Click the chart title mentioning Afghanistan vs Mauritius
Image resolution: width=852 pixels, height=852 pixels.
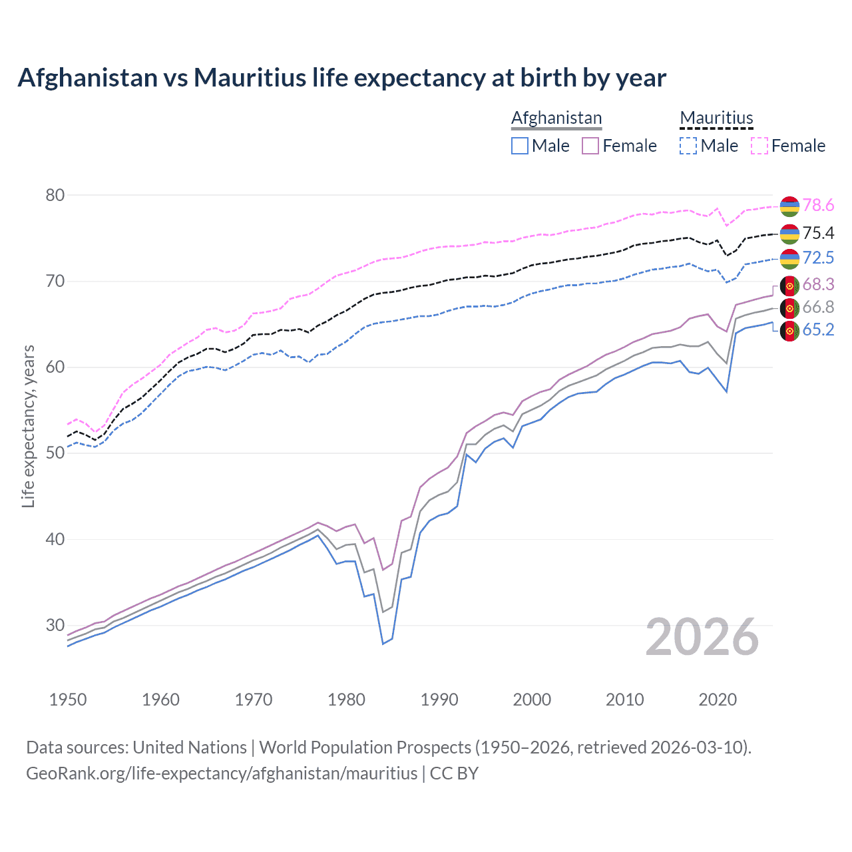click(341, 78)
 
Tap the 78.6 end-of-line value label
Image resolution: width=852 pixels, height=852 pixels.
click(818, 206)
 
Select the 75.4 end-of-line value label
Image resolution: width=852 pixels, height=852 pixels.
click(818, 233)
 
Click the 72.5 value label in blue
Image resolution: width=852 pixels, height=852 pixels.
click(818, 258)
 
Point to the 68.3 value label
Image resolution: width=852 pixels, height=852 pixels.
click(818, 285)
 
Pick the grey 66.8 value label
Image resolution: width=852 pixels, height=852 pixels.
click(818, 308)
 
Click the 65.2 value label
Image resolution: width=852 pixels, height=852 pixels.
click(818, 330)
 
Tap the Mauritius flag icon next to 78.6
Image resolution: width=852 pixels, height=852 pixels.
click(789, 206)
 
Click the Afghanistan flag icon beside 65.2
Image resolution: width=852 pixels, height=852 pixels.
click(789, 331)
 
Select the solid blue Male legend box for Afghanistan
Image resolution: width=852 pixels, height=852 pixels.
click(520, 146)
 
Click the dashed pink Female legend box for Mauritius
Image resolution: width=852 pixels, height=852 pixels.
click(759, 146)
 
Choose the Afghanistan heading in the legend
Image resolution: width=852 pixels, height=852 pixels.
click(556, 118)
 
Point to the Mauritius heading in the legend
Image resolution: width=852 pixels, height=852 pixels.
click(716, 118)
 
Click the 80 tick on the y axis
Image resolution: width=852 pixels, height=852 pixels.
click(55, 195)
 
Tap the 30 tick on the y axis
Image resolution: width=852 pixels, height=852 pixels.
click(55, 625)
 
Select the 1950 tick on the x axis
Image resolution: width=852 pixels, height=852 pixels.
click(68, 700)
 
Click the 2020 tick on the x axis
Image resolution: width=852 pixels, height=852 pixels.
click(718, 700)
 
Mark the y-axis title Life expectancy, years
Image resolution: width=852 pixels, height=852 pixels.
click(29, 426)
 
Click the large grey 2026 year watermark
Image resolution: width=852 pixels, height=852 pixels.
click(702, 638)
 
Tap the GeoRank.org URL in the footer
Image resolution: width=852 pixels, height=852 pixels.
click(222, 773)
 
